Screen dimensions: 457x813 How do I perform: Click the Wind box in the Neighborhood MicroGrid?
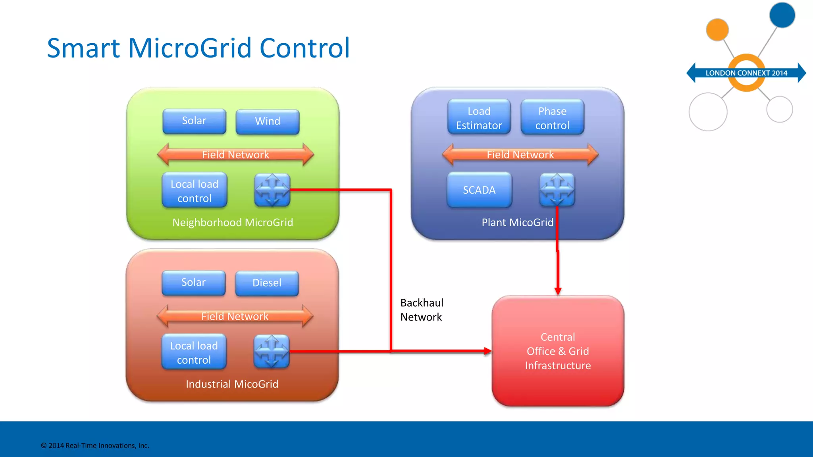(267, 121)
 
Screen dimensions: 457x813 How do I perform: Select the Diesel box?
(267, 283)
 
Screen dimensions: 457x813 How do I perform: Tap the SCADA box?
(479, 190)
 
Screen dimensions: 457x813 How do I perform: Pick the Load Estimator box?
(479, 118)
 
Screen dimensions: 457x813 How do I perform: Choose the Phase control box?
(552, 118)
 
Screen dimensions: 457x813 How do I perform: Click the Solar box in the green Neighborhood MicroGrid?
(194, 121)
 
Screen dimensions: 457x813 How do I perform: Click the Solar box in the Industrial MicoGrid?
(193, 282)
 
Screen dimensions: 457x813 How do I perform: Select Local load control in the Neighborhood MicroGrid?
(195, 191)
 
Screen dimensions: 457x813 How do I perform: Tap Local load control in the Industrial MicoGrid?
(194, 352)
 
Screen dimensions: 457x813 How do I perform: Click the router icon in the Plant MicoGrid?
(557, 190)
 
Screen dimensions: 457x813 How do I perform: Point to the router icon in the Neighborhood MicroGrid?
(272, 190)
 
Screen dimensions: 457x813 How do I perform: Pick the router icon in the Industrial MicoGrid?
(272, 351)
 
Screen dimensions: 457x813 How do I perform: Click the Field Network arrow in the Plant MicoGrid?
(520, 155)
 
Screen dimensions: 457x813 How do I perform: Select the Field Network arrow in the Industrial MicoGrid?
(235, 316)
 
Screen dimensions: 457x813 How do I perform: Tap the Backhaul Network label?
(422, 310)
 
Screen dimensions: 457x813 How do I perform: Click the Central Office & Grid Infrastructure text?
(558, 351)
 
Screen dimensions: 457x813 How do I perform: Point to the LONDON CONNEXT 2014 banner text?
(746, 73)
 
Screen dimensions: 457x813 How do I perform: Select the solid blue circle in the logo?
(782, 15)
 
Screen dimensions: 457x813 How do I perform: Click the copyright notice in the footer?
(95, 445)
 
